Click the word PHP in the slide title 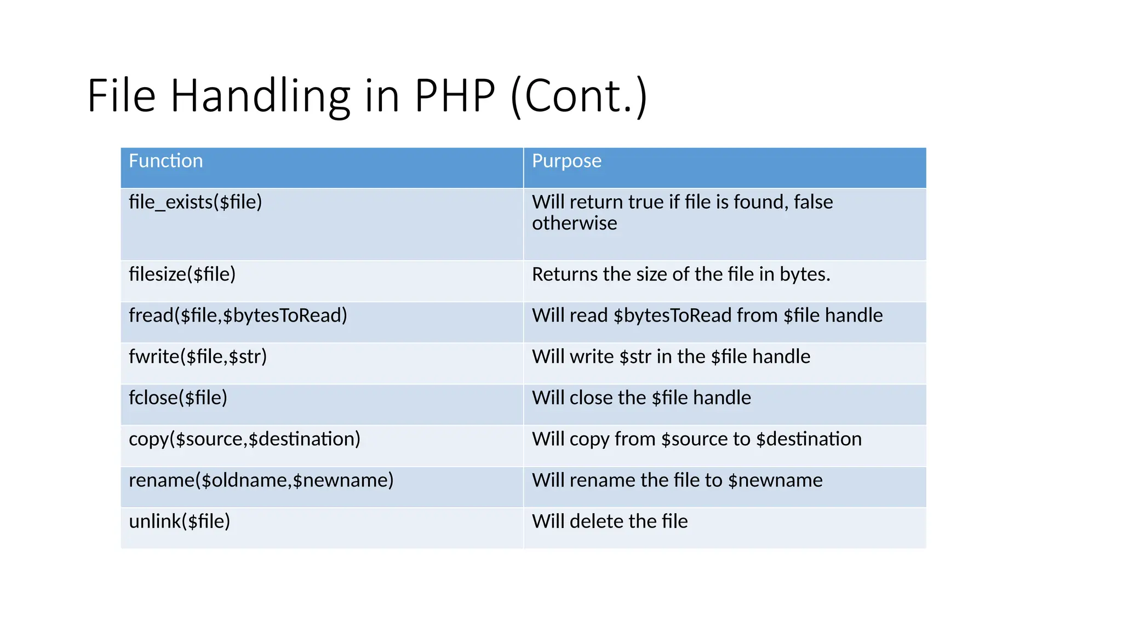click(454, 96)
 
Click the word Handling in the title click(260, 96)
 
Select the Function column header click(165, 161)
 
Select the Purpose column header click(566, 161)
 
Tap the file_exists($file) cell click(196, 202)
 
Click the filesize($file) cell click(182, 274)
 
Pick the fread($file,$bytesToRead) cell click(238, 315)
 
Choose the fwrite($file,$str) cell click(198, 357)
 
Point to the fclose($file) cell click(178, 398)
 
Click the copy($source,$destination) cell click(244, 439)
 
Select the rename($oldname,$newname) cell click(261, 480)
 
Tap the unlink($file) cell click(179, 521)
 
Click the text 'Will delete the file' click(610, 521)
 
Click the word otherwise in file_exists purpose click(574, 223)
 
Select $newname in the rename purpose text click(775, 480)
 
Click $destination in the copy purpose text click(809, 439)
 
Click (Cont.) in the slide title click(579, 96)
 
